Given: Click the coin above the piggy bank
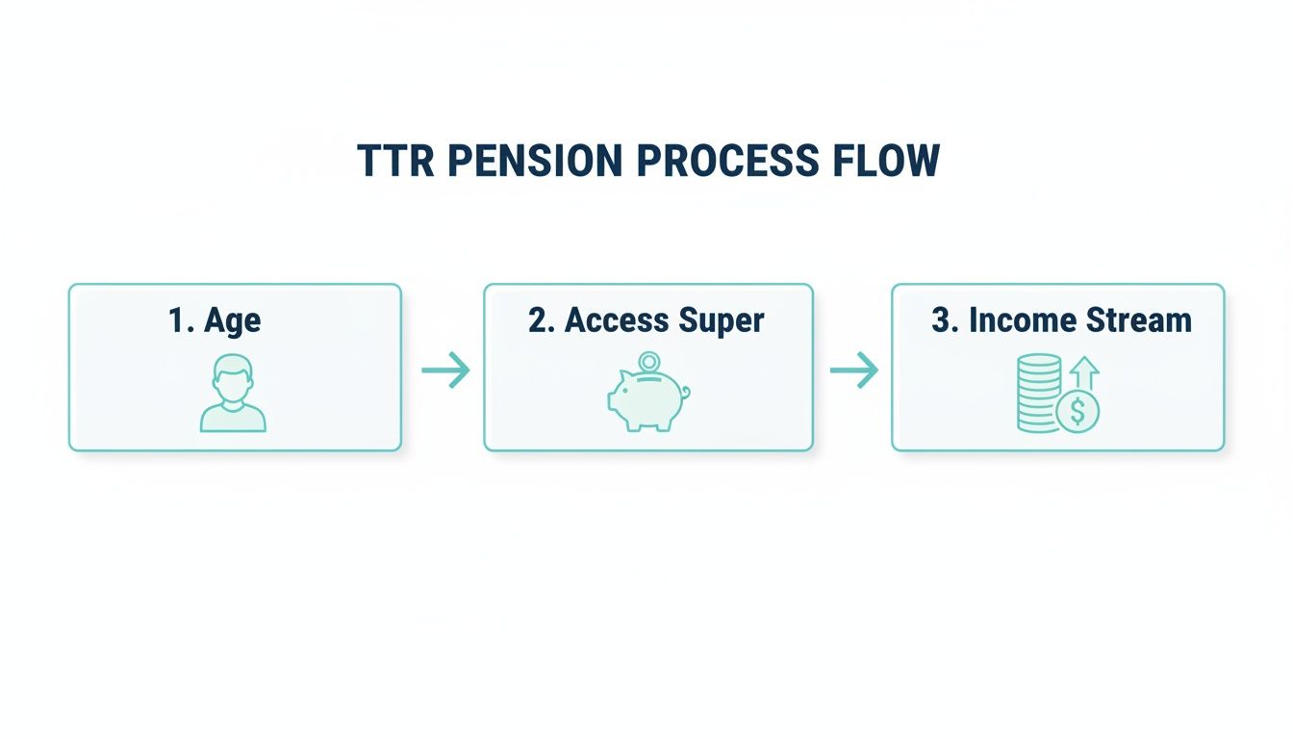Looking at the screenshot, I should click(650, 363).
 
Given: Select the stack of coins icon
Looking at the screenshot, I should click(1039, 393).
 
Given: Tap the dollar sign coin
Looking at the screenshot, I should click(1077, 412).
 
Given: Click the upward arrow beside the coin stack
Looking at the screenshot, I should click(1084, 373).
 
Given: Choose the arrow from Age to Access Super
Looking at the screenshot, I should click(445, 370).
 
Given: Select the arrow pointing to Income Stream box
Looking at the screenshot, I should click(854, 370).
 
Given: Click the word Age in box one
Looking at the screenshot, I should click(232, 321).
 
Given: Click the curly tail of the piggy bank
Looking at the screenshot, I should click(685, 392).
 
